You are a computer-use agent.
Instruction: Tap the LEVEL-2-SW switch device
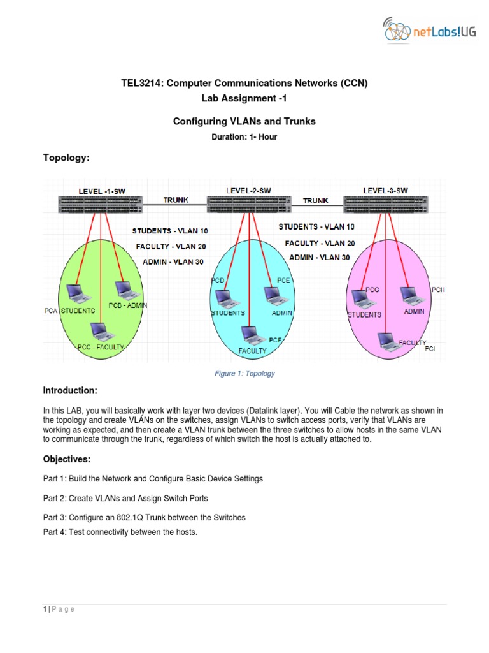(x=248, y=203)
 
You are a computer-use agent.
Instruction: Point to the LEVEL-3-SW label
(x=385, y=190)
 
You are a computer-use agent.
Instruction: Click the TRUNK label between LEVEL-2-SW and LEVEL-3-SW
(x=315, y=200)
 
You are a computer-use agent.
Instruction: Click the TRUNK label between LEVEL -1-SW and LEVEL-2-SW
(x=176, y=200)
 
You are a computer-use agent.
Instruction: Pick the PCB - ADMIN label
(x=127, y=305)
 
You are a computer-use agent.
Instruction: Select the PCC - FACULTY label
(x=101, y=347)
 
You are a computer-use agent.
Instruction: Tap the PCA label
(x=51, y=311)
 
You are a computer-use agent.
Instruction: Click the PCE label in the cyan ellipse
(x=283, y=280)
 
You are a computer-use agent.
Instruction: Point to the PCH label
(x=438, y=290)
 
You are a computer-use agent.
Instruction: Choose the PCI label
(x=430, y=349)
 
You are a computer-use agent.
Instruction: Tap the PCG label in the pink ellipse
(x=371, y=290)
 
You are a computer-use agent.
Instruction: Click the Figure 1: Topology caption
(x=244, y=374)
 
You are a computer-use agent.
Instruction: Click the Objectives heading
(x=66, y=459)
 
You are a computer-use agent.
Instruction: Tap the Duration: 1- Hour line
(x=244, y=137)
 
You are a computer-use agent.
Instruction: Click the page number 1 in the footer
(x=45, y=609)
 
